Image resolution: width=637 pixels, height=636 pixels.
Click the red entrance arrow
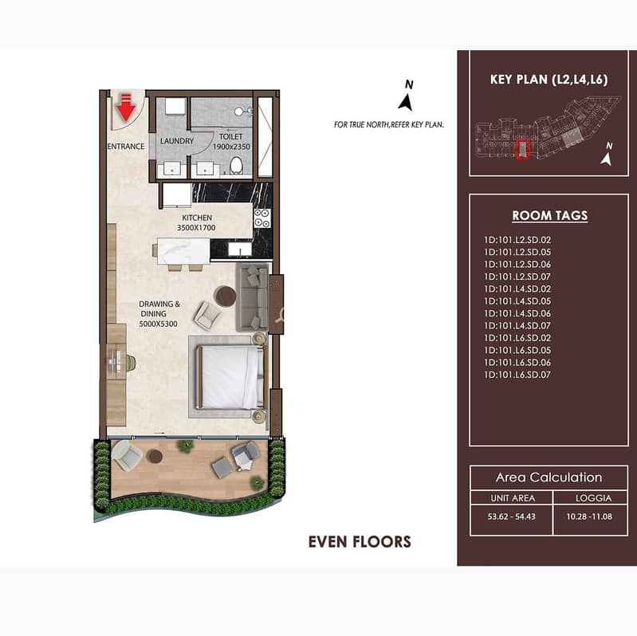tap(125, 108)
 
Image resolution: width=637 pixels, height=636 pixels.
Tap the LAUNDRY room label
tap(177, 141)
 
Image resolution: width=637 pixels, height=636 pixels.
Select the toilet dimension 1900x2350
tap(231, 147)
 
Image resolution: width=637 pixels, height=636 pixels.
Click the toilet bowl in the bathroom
tap(237, 166)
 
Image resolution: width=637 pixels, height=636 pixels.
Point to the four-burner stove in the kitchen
tap(262, 218)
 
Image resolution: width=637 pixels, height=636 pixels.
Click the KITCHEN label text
tap(197, 218)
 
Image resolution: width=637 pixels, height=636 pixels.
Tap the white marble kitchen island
tap(183, 251)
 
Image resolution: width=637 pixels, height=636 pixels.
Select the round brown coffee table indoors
tap(226, 296)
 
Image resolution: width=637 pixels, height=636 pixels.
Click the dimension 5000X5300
tap(158, 324)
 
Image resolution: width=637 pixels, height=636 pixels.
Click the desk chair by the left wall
tap(131, 363)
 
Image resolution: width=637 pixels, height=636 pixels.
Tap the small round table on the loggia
tap(155, 457)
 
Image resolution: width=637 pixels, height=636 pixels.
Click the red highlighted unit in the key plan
tap(522, 149)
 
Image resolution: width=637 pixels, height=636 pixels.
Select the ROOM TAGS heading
tap(549, 216)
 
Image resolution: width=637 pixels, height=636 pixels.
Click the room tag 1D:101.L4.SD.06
tap(517, 313)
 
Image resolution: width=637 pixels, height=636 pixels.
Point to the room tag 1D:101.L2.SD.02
tap(517, 240)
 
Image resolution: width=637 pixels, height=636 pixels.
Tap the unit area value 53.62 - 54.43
tap(512, 516)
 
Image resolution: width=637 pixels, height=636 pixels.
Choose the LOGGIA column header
tap(593, 498)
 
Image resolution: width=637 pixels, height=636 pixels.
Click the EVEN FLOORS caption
tap(360, 542)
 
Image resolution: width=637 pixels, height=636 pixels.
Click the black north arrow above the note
tap(406, 102)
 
